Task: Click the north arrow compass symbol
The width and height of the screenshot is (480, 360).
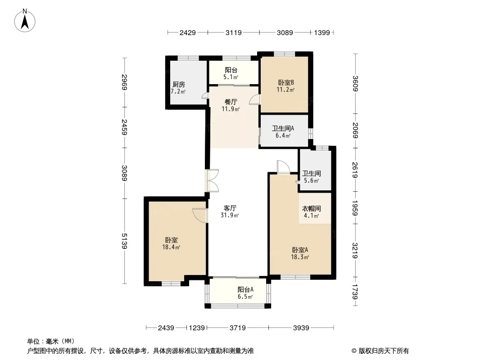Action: coord(25,21)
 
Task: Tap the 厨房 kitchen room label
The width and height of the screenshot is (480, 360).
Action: coord(179,85)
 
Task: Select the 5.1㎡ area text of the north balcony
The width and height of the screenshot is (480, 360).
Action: coord(231,77)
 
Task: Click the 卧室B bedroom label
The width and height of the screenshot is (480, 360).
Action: coord(286,82)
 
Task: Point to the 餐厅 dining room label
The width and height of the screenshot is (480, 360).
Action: coord(231,102)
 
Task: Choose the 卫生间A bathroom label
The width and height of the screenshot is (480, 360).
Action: coord(283,128)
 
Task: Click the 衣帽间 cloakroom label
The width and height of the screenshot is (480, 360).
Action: coord(311,209)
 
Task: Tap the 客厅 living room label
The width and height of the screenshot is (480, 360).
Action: coord(230,208)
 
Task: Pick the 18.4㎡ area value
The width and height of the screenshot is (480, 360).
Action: coord(171,247)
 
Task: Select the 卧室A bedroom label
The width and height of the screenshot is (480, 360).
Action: coord(300,250)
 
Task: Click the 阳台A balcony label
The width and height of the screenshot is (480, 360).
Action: coord(245,289)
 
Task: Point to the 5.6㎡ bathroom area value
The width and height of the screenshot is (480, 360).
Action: coord(312,181)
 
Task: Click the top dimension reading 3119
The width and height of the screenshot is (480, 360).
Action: coord(234,33)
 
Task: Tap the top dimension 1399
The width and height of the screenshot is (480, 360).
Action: coord(322,33)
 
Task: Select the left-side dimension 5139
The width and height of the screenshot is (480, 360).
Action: coord(124,241)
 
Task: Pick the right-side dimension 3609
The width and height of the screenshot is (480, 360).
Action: coord(355,84)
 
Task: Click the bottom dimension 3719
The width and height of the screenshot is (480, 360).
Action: coord(238,328)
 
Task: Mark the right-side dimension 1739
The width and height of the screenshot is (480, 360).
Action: coord(355,292)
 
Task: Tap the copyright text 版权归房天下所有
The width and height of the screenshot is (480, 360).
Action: coord(384,351)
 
